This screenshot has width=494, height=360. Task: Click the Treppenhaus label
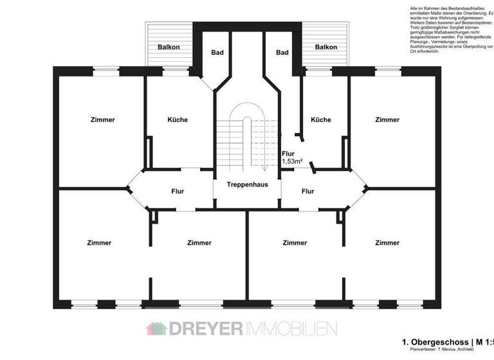(247, 184)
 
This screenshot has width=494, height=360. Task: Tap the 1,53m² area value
(292, 162)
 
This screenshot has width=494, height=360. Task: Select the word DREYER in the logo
(205, 328)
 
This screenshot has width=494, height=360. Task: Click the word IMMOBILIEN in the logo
(290, 328)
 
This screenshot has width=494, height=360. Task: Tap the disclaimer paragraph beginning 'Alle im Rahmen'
(450, 29)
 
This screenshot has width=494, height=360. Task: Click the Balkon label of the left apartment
(169, 48)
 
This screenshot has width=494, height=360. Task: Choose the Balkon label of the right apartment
(326, 48)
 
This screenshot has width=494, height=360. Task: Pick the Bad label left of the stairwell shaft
(217, 53)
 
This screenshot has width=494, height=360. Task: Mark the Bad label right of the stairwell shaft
(281, 53)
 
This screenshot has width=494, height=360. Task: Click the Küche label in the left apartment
(178, 120)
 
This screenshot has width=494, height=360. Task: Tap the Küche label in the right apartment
(320, 120)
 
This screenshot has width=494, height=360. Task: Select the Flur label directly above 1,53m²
(288, 154)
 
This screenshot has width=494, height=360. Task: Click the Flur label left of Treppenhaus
(178, 191)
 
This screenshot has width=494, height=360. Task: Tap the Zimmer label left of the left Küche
(103, 120)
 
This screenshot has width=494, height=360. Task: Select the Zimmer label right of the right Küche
(387, 120)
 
